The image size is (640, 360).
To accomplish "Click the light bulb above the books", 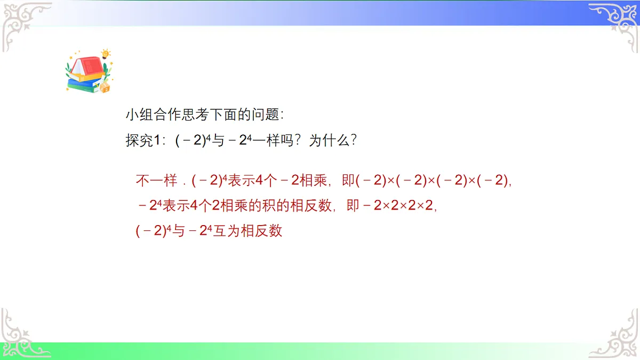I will [x=106, y=54].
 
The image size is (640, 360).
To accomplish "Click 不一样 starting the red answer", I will [x=156, y=181].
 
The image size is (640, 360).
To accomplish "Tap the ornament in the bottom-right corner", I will [x=619, y=336].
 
